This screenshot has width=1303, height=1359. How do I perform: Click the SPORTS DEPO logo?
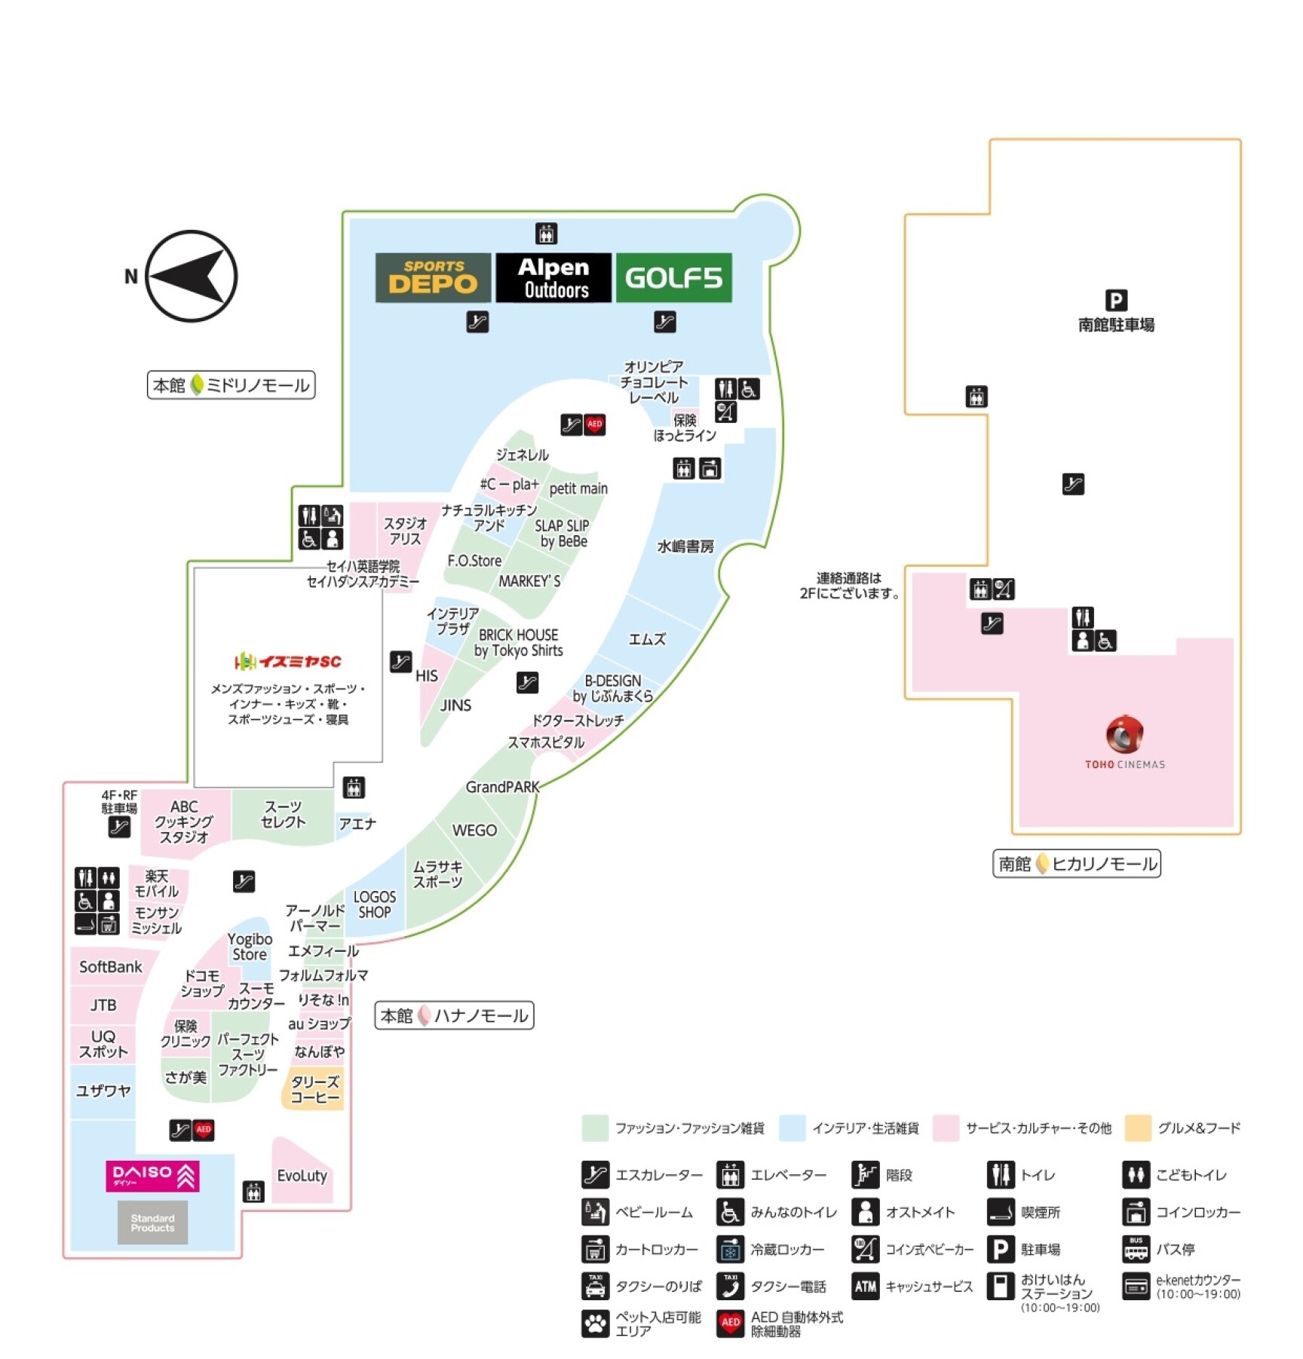[x=433, y=277]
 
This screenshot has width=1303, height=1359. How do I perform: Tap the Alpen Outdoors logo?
[x=553, y=277]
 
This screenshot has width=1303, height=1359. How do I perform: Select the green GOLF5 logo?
[x=673, y=277]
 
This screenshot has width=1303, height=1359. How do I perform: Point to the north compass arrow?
[x=191, y=276]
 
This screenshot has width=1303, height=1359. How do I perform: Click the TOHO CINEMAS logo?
[x=1124, y=742]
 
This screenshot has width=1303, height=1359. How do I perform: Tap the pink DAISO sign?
[x=153, y=1176]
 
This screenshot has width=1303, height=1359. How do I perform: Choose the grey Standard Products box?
[x=152, y=1223]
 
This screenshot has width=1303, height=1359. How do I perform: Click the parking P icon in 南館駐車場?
[x=1116, y=300]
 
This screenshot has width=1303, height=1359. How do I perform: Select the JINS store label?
[x=455, y=706]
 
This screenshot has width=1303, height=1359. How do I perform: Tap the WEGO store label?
[x=474, y=831]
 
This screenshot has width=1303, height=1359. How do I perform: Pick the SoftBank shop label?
[x=111, y=967]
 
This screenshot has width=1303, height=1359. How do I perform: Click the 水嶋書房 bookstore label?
[x=685, y=546]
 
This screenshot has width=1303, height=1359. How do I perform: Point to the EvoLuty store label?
[x=302, y=1176]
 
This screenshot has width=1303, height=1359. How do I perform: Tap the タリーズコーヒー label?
[x=315, y=1090]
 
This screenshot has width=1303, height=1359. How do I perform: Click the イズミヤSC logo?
[x=287, y=662]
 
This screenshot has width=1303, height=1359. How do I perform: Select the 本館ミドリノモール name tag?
[x=231, y=385]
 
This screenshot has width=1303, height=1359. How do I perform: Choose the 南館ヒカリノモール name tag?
[x=1077, y=864]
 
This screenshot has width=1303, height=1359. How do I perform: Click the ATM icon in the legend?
[x=865, y=1287]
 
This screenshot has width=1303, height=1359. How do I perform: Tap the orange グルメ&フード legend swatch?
[x=1138, y=1128]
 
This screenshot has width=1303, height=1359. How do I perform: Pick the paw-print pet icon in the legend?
[x=595, y=1324]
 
